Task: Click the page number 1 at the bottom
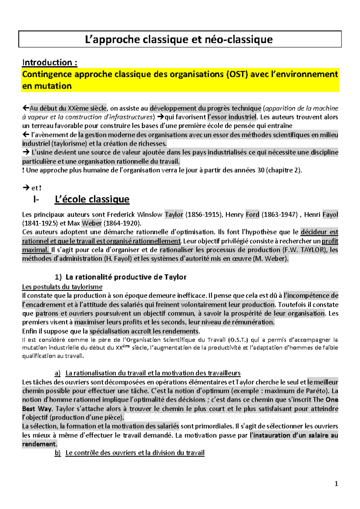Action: coord(336,483)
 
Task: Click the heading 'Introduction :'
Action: coord(50,62)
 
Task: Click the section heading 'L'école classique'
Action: coord(92,199)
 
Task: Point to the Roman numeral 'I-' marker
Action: coord(36,199)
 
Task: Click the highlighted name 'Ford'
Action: coord(252,215)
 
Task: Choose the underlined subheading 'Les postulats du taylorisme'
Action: coord(62,287)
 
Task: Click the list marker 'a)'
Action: coord(58,373)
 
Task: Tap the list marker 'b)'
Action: coord(58,453)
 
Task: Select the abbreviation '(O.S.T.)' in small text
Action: coord(238,340)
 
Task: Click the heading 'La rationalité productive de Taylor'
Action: coord(126,277)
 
